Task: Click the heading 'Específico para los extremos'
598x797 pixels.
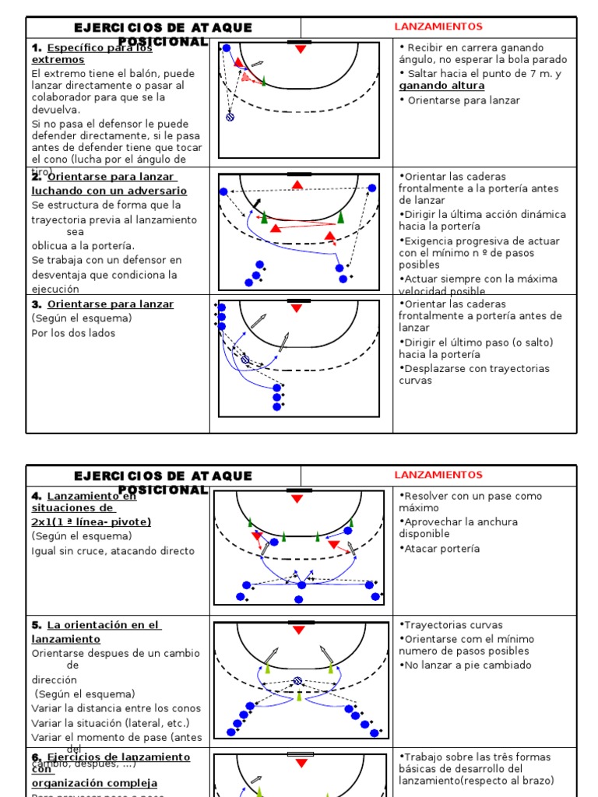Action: [x=92, y=53]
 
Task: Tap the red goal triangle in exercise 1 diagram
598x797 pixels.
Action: [x=300, y=50]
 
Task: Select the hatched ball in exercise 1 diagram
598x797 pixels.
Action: [x=230, y=117]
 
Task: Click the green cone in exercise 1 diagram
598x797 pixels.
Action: [x=264, y=80]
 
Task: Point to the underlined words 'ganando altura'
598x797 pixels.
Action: [x=441, y=86]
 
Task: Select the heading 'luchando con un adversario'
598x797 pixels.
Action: [x=109, y=191]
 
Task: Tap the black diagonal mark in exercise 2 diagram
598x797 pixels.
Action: [x=257, y=203]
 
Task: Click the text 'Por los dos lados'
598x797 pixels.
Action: [x=73, y=333]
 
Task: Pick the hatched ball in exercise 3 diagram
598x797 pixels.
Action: [x=245, y=360]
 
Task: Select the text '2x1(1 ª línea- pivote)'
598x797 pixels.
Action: [x=91, y=521]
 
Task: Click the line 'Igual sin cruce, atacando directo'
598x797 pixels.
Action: [x=113, y=551]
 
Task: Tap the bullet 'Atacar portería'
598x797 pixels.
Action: [x=442, y=549]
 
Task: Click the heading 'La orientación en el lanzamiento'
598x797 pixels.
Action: [x=97, y=631]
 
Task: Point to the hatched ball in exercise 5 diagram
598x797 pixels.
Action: [x=297, y=681]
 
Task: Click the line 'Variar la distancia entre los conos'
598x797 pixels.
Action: [x=116, y=708]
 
